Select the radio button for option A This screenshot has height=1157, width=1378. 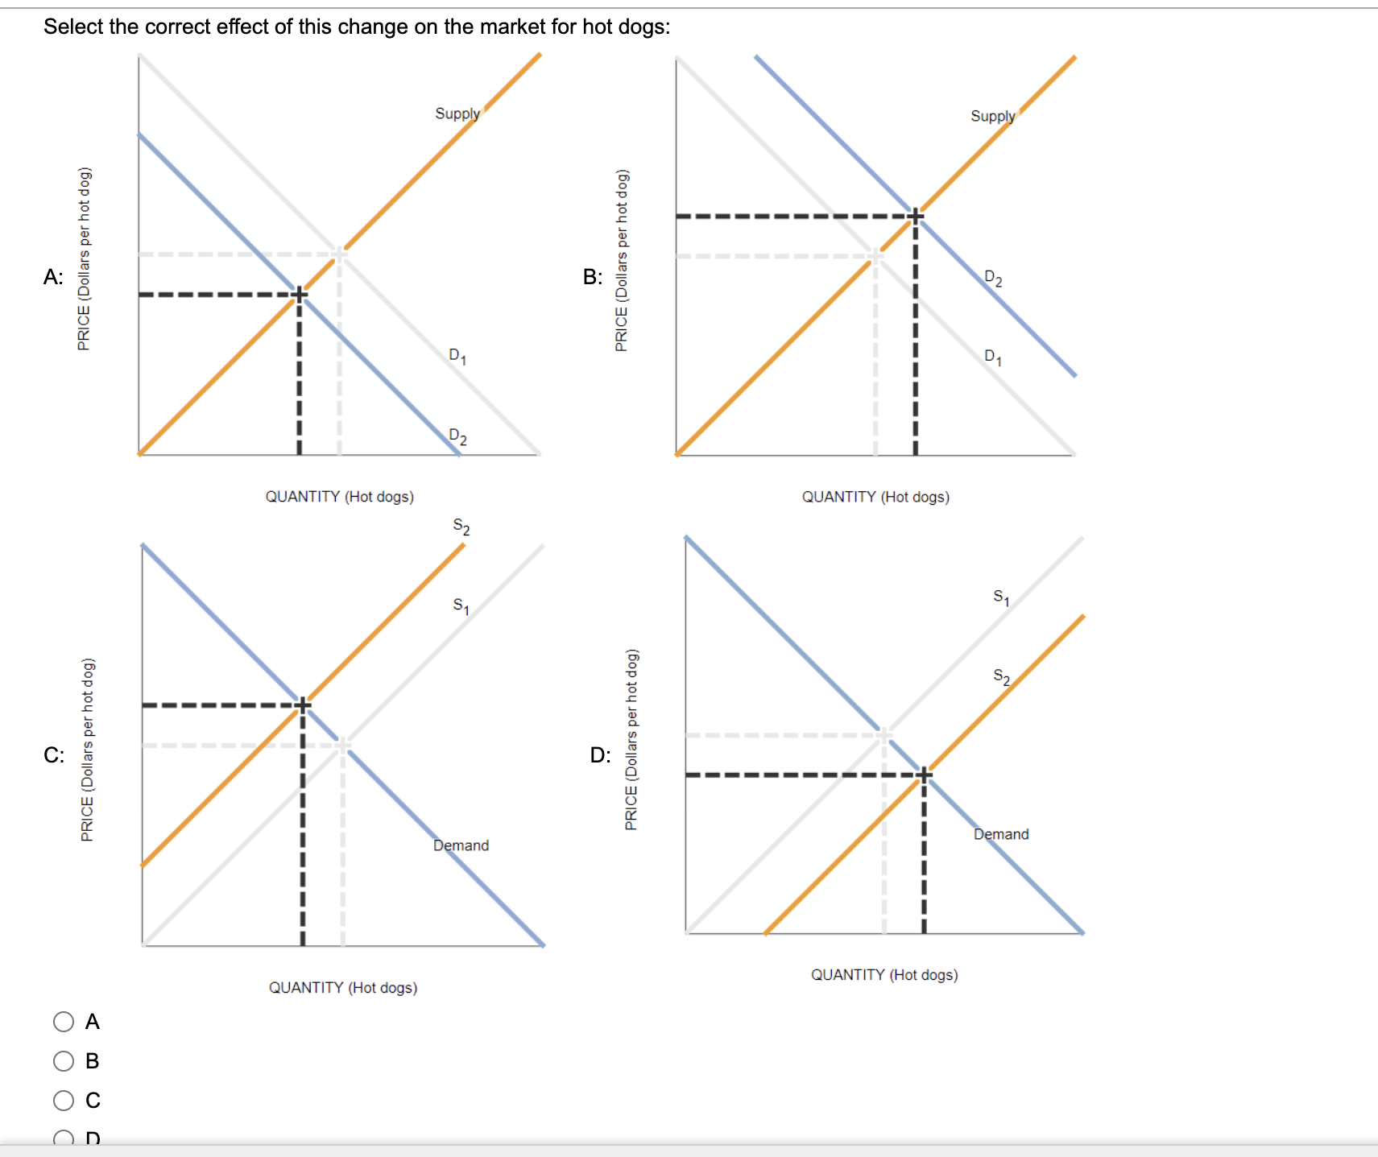click(x=64, y=1022)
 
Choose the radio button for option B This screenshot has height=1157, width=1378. click(x=64, y=1061)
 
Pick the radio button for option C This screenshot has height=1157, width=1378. click(x=64, y=1101)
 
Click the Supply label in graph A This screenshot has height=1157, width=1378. click(x=457, y=114)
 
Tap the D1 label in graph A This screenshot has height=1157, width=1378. click(x=457, y=356)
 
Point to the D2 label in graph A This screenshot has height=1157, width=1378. click(x=457, y=436)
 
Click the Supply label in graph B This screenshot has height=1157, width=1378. click(x=992, y=116)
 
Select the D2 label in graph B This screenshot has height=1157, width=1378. click(x=993, y=279)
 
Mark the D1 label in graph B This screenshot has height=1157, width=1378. click(x=993, y=357)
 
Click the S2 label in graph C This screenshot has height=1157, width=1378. click(x=461, y=527)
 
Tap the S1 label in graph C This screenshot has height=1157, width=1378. click(x=461, y=605)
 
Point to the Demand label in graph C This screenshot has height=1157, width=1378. click(x=461, y=845)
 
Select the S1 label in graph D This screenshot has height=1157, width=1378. click(x=1001, y=597)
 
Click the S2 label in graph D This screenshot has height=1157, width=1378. click(x=1001, y=676)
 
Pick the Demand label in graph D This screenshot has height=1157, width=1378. click(x=1001, y=834)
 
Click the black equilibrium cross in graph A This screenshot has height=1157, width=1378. click(x=299, y=294)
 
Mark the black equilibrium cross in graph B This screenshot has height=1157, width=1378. click(x=915, y=216)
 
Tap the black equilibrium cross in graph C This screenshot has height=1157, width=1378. click(x=303, y=705)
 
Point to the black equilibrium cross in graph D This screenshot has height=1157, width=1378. click(x=924, y=775)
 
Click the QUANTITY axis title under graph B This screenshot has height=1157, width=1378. click(x=875, y=497)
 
